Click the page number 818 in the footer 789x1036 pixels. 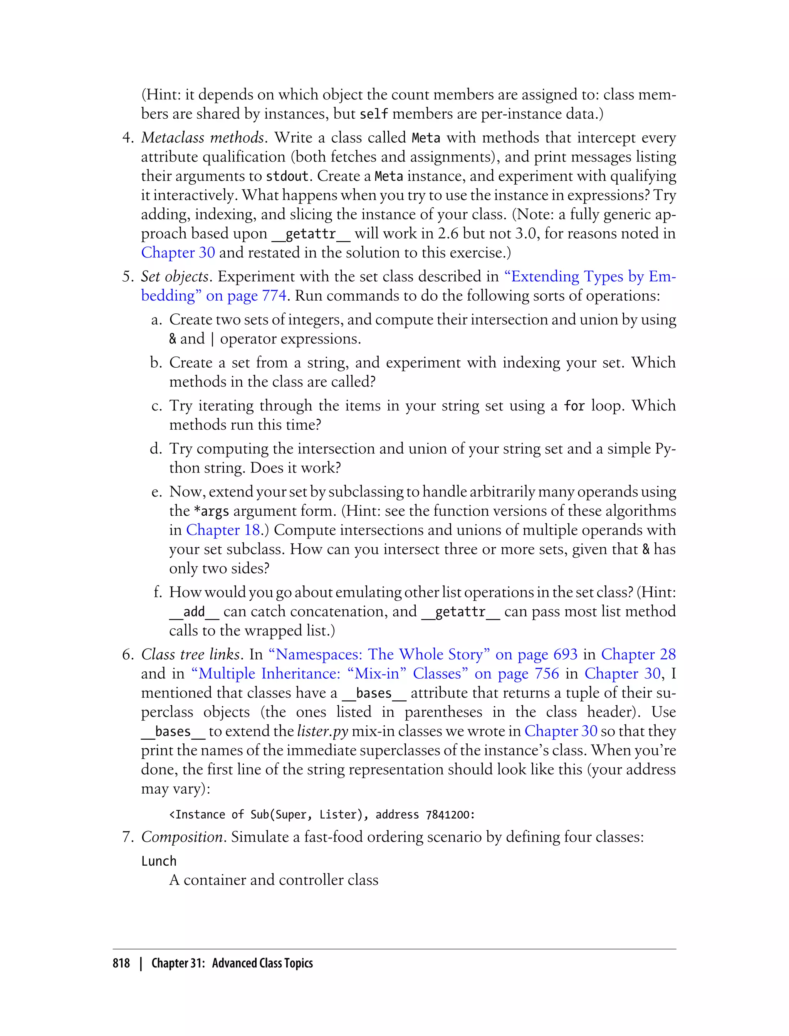(121, 964)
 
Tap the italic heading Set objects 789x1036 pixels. (175, 276)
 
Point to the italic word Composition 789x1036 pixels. (182, 837)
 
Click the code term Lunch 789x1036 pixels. (159, 861)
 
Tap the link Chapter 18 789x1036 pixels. (223, 530)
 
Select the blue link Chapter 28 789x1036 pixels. (638, 654)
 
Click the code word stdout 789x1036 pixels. (287, 176)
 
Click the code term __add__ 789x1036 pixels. (194, 612)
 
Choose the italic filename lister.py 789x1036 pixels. (322, 731)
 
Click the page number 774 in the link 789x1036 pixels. (274, 296)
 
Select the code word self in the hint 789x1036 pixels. (374, 114)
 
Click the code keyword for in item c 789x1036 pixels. (574, 405)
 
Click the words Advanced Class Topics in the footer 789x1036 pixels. (262, 964)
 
